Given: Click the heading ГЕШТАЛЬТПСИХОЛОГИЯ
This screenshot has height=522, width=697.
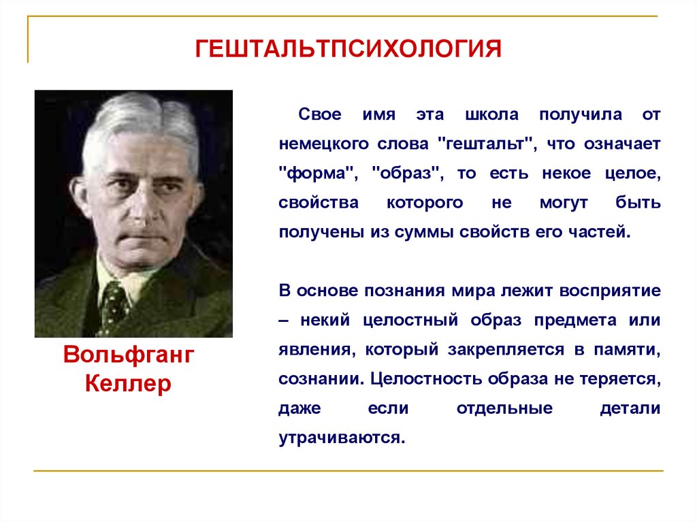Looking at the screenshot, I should (x=348, y=50).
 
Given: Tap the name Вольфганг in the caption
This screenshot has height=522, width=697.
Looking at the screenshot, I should (x=129, y=355).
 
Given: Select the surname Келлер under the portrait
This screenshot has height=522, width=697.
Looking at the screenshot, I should (x=129, y=384).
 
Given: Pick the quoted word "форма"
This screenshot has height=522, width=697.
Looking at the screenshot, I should (x=319, y=174).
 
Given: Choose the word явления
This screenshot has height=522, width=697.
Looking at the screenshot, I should (x=315, y=349).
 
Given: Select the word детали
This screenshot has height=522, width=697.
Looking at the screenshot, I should (x=630, y=408).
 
